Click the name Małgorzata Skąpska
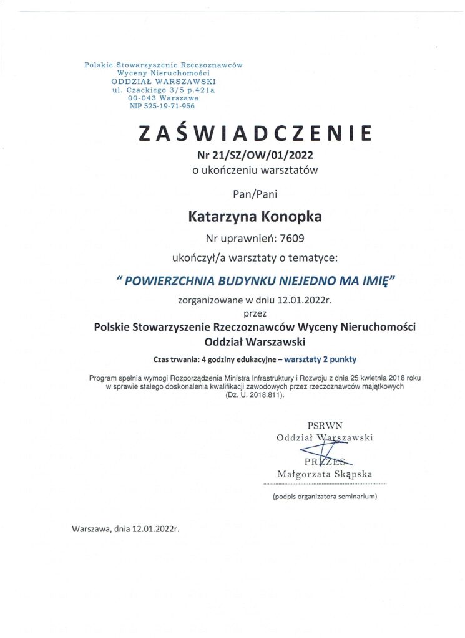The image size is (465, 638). (x=325, y=474)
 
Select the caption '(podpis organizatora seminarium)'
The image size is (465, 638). (x=325, y=497)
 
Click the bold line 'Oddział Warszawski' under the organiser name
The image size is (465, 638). (x=255, y=341)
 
